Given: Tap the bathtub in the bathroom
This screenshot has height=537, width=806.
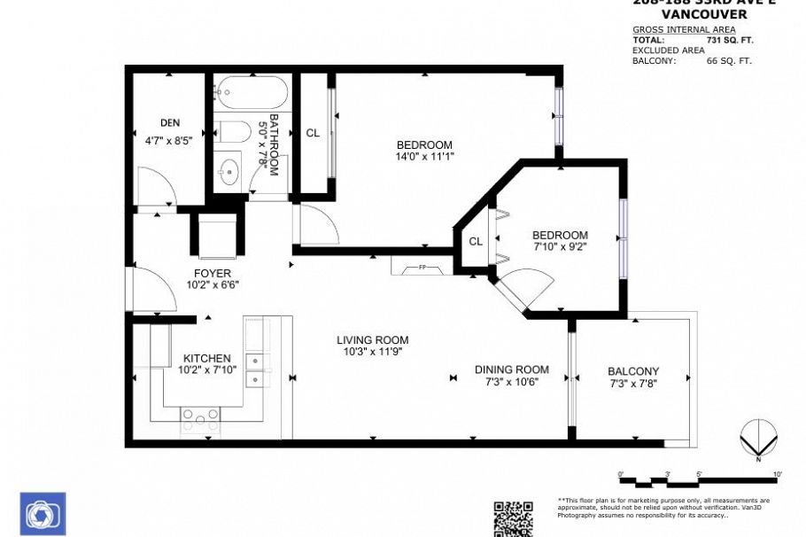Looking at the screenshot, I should pos(252,92).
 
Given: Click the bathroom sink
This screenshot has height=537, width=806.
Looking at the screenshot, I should pos(229,170).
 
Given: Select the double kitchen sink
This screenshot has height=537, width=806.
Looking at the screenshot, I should pos(258,370).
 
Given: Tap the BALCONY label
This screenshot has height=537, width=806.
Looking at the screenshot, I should pos(632,371).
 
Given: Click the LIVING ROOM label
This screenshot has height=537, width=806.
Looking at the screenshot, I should pos(372,339).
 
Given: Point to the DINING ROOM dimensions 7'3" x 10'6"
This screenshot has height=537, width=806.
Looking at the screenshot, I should pos(511,382).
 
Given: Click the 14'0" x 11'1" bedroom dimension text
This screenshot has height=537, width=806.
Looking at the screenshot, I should pos(424,157).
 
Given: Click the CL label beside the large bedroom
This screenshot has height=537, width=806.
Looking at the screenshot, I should pos(313,133).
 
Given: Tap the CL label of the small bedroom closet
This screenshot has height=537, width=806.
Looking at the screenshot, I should pos(476,241).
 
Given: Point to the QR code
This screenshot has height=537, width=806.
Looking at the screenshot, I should pos(513,518).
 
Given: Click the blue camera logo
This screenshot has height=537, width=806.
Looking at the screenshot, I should pos(43,514).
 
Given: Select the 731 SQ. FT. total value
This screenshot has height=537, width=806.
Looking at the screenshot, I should pos(730,40).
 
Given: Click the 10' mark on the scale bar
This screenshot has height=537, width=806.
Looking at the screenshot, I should pos(777,475).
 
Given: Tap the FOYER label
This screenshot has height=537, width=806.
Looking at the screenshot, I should pos(212,273).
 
